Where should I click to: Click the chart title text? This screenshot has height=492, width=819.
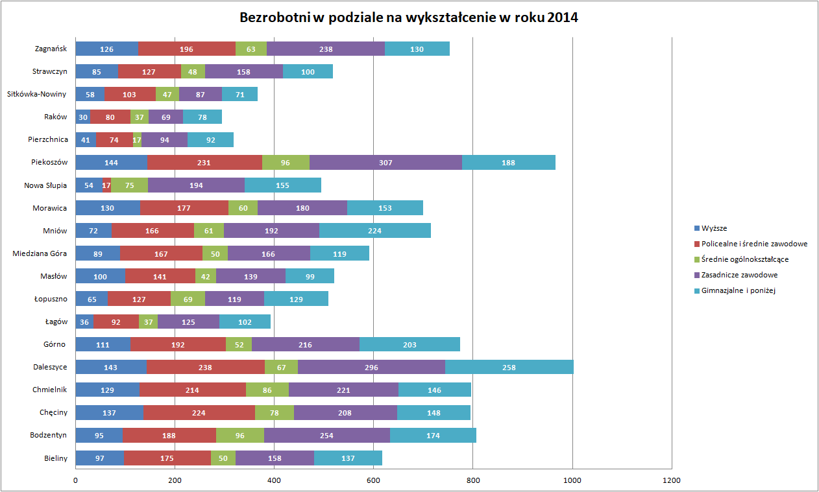click(x=409, y=18)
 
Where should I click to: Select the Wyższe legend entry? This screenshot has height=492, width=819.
click(x=715, y=228)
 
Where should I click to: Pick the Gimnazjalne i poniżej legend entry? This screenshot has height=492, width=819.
click(x=739, y=290)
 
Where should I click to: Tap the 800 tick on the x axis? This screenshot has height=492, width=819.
click(x=473, y=480)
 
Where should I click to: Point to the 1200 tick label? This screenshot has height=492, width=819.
click(x=672, y=480)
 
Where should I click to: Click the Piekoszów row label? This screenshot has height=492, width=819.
click(x=50, y=162)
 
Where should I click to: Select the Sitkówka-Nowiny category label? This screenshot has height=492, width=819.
click(x=37, y=94)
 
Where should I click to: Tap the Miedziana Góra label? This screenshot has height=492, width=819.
click(x=40, y=253)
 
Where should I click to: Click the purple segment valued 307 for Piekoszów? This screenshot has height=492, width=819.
click(x=385, y=162)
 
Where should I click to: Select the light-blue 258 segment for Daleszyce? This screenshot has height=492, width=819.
click(x=509, y=367)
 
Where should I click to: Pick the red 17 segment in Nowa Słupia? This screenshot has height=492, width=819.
click(x=106, y=185)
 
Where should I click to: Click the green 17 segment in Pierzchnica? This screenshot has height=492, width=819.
click(x=137, y=139)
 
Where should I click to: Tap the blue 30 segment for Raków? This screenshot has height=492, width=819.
click(x=83, y=117)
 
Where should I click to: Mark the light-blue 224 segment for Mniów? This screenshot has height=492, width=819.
click(x=374, y=230)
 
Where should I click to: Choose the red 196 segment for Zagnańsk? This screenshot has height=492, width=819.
click(x=187, y=49)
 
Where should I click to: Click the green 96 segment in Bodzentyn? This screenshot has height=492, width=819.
click(x=240, y=435)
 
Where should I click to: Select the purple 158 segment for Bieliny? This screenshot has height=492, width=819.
click(x=275, y=458)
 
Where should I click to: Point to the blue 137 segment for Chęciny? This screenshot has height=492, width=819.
click(x=110, y=412)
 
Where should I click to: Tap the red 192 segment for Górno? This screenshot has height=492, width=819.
click(x=178, y=344)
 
